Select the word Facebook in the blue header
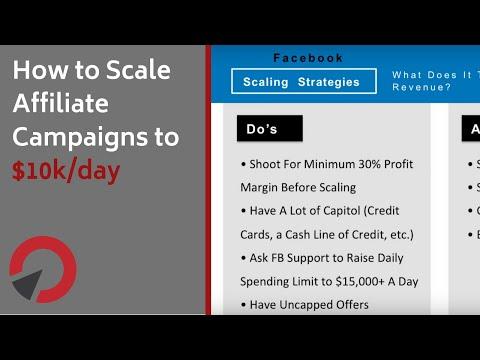[x=308, y=58]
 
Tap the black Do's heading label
[x=267, y=129]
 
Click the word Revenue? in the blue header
[x=422, y=88]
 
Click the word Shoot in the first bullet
[x=268, y=164]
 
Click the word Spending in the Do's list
[x=265, y=281]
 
